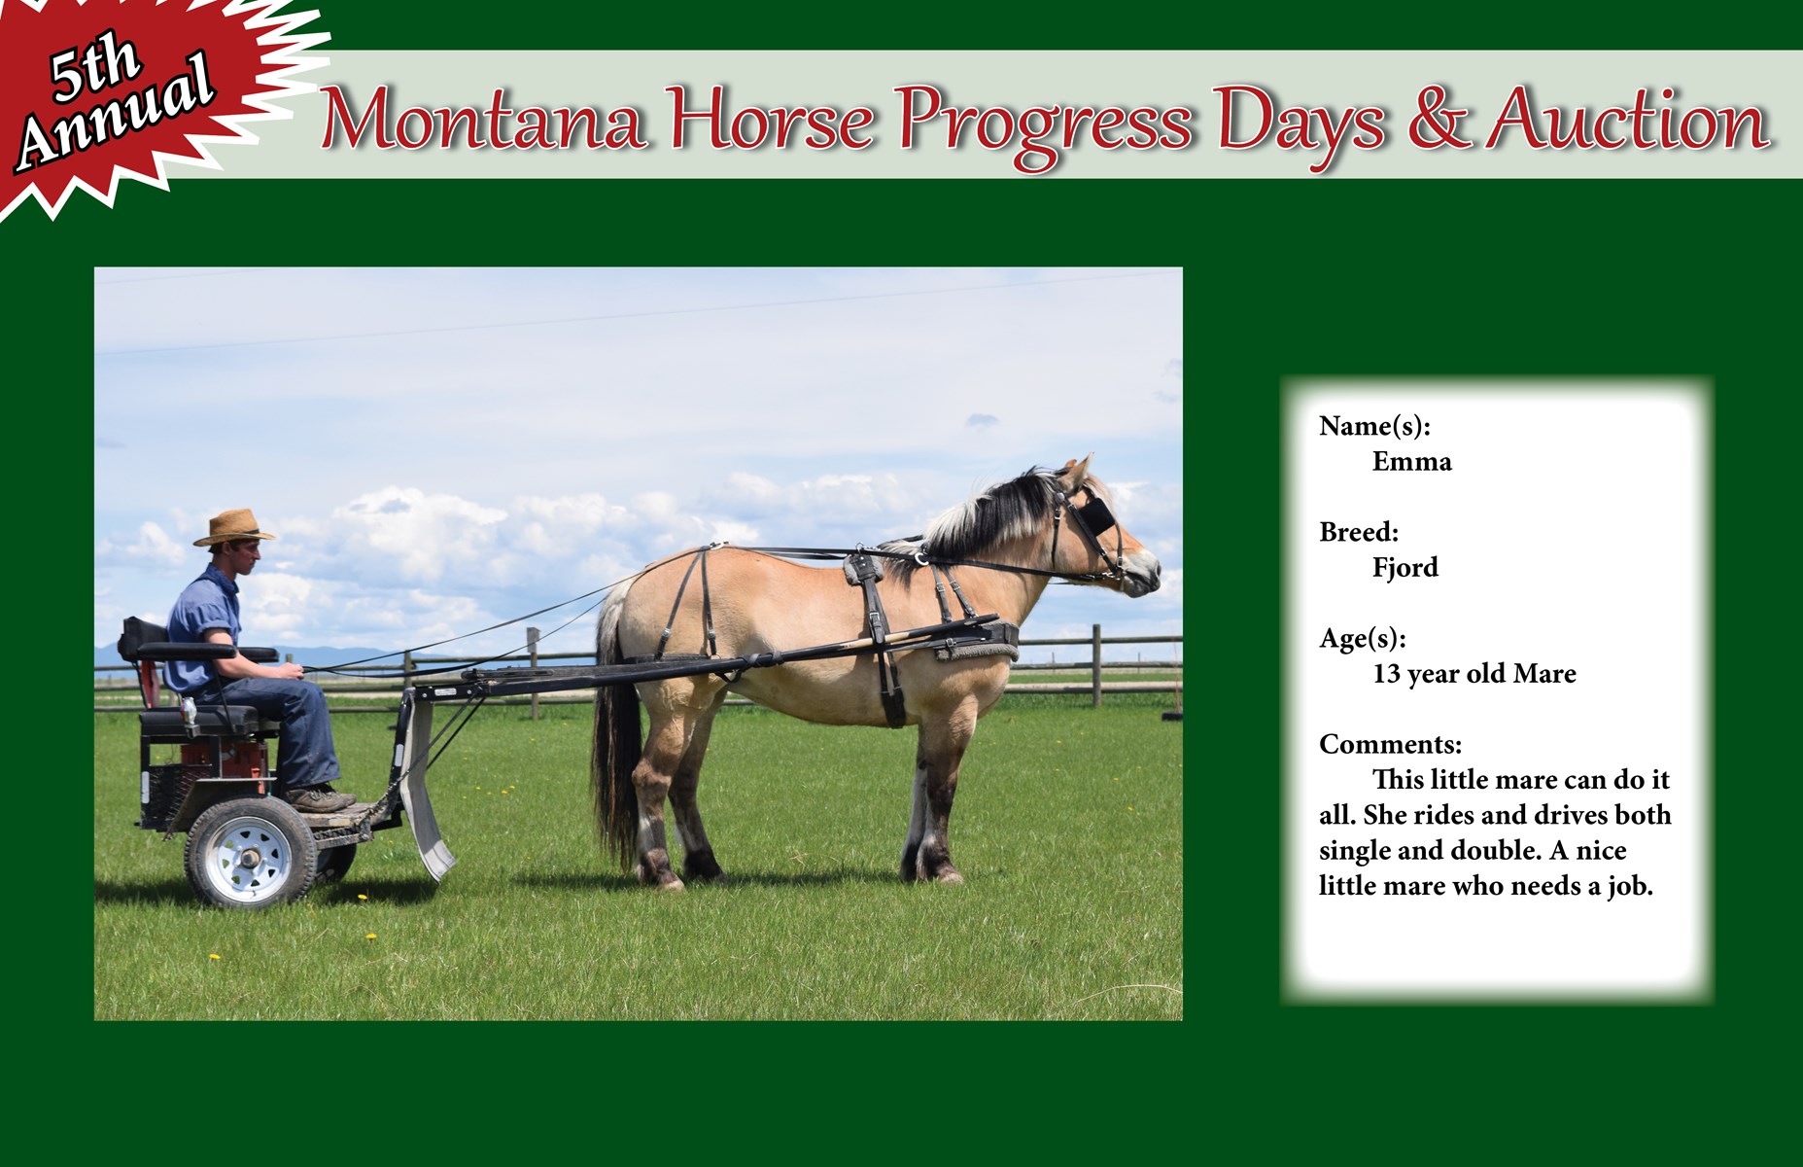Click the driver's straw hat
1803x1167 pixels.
(233, 527)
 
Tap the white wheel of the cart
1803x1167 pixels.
(251, 853)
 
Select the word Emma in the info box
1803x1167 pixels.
(1411, 461)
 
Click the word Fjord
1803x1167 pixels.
(1404, 568)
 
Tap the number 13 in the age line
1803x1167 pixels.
(1386, 674)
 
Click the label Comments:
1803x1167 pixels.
(1390, 745)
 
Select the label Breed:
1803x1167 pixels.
(1359, 532)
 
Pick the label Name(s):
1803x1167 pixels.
(1374, 426)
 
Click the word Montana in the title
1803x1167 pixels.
(483, 121)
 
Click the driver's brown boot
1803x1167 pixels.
(321, 799)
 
